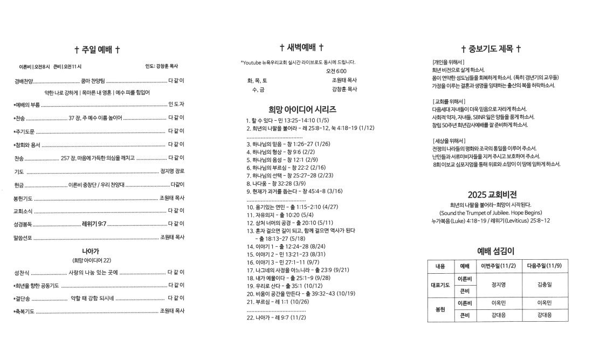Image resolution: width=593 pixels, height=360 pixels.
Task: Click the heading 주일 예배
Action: click(x=98, y=50)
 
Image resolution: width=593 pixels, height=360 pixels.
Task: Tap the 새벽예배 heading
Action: click(x=301, y=47)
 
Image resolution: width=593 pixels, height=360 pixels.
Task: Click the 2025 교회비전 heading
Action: click(x=495, y=195)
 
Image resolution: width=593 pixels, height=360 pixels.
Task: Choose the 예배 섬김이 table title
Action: click(x=495, y=251)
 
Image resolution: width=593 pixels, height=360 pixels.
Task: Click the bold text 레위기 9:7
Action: click(x=94, y=223)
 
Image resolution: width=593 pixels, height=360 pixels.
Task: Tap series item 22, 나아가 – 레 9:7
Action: click(x=276, y=317)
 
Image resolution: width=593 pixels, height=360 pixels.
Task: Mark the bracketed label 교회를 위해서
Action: click(x=449, y=101)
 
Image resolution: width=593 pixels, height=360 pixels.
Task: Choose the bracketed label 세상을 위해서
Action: click(x=449, y=141)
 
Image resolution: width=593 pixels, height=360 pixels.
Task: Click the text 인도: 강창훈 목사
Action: click(x=161, y=66)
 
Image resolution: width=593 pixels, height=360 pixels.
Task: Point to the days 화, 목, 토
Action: click(x=257, y=80)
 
